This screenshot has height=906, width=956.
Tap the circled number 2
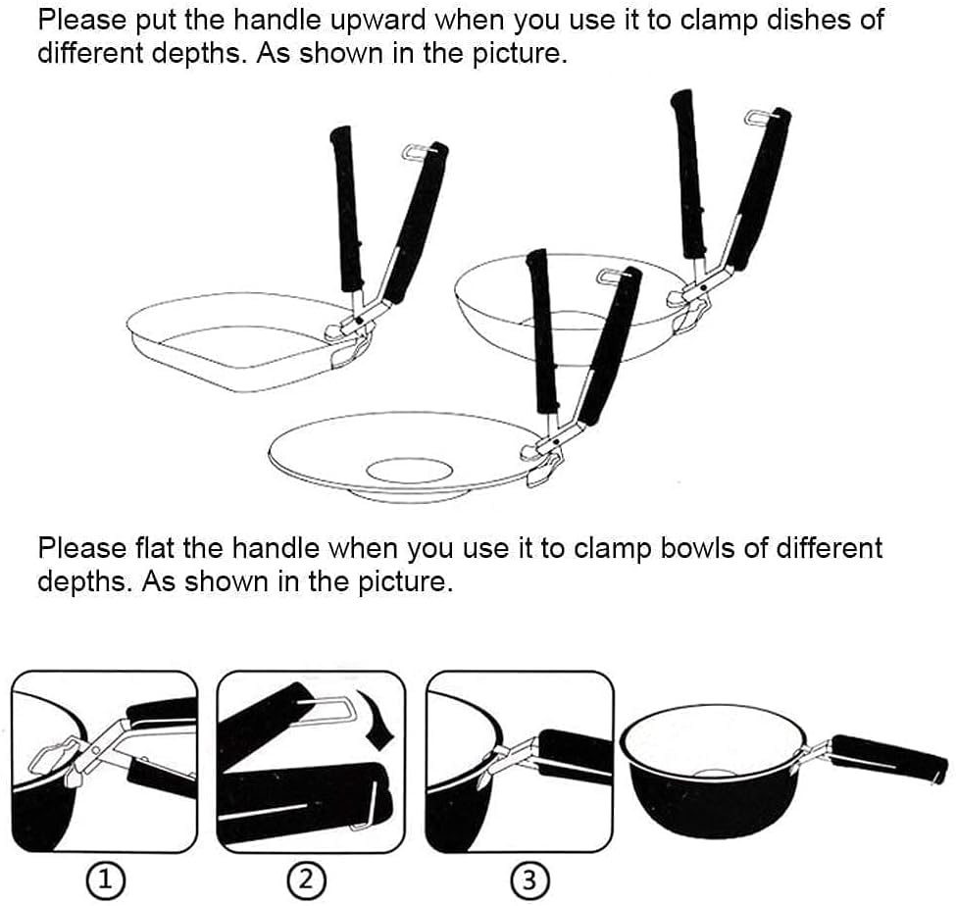pos(310,881)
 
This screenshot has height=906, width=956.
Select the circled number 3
pos(529,881)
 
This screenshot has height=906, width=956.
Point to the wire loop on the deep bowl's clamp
pos(762,118)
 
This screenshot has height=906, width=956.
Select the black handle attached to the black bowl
pos(888,759)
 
